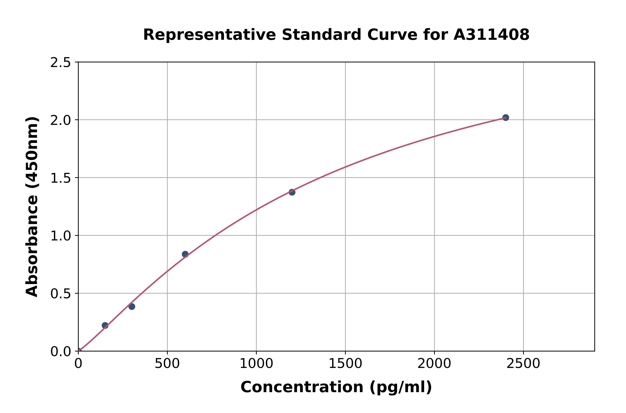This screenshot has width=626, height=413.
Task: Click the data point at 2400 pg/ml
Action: click(505, 118)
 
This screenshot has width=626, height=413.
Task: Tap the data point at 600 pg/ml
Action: click(185, 254)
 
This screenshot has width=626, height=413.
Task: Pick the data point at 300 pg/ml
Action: click(132, 306)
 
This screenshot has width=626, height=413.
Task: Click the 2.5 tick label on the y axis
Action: click(61, 63)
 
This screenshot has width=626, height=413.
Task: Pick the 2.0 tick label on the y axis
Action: click(61, 120)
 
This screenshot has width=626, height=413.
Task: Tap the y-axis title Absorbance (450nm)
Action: click(32, 207)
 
